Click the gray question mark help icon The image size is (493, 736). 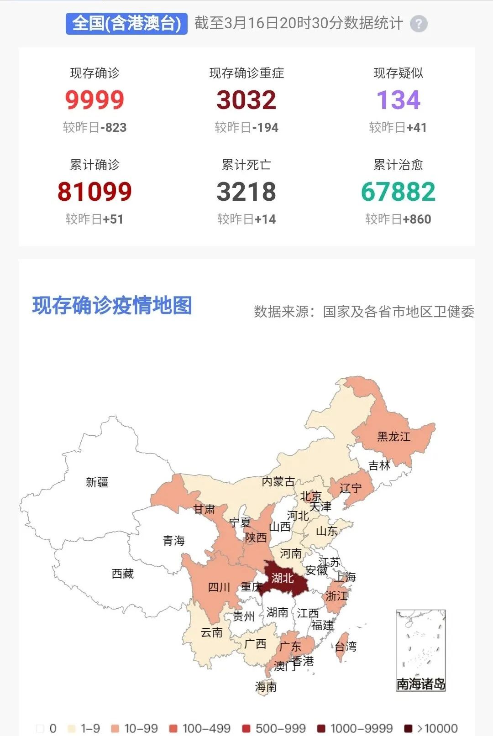pos(419,24)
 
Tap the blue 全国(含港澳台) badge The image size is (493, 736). pos(126,23)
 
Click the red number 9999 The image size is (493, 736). pos(94,100)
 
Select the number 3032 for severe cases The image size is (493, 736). pos(246,100)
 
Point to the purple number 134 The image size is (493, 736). pos(398,100)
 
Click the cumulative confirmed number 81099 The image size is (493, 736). pos(94,192)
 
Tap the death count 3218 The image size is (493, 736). pos(246,192)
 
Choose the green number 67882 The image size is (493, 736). pos(398,192)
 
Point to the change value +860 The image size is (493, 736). pos(417,219)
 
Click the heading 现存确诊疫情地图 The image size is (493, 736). pos(112,306)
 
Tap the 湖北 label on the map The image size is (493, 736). pos(283,579)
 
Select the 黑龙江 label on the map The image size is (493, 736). pos(393,437)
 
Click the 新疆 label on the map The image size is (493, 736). pos(97,482)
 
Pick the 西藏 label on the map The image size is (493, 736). pos(123,574)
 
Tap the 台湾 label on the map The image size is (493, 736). pos(346,647)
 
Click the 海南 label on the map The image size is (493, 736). pos(266,687)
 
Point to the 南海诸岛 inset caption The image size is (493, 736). pos(420,684)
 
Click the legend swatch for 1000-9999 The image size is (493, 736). pos(321,728)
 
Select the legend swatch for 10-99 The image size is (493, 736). pos(115,728)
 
